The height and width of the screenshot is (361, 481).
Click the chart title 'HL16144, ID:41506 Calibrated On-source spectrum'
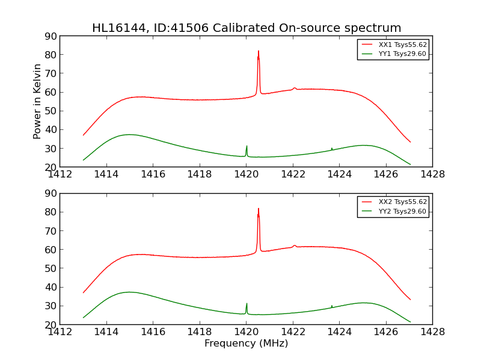pyautogui.click(x=247, y=28)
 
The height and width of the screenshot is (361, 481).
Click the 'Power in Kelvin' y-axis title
pyautogui.click(x=37, y=101)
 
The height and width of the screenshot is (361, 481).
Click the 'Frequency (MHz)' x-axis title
pyautogui.click(x=246, y=344)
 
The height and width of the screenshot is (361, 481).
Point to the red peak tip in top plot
pyautogui.click(x=259, y=52)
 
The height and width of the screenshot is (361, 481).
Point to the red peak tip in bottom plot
pyautogui.click(x=259, y=209)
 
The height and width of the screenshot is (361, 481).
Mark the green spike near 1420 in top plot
pyautogui.click(x=247, y=146)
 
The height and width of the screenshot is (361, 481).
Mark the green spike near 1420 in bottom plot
pyautogui.click(x=247, y=304)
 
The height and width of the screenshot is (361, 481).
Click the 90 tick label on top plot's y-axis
pyautogui.click(x=50, y=36)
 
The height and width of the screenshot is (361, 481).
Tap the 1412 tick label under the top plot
pyautogui.click(x=60, y=174)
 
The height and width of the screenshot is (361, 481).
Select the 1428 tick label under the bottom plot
pyautogui.click(x=432, y=332)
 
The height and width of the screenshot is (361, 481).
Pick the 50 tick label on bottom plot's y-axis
pyautogui.click(x=50, y=268)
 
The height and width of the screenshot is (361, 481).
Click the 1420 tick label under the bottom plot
pyautogui.click(x=246, y=332)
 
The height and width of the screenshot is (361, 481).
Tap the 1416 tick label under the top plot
pyautogui.click(x=153, y=174)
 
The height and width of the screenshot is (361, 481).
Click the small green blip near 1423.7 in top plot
pyautogui.click(x=332, y=148)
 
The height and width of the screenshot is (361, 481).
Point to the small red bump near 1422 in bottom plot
pyautogui.click(x=295, y=245)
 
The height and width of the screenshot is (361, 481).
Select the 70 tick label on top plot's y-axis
pyautogui.click(x=50, y=73)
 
